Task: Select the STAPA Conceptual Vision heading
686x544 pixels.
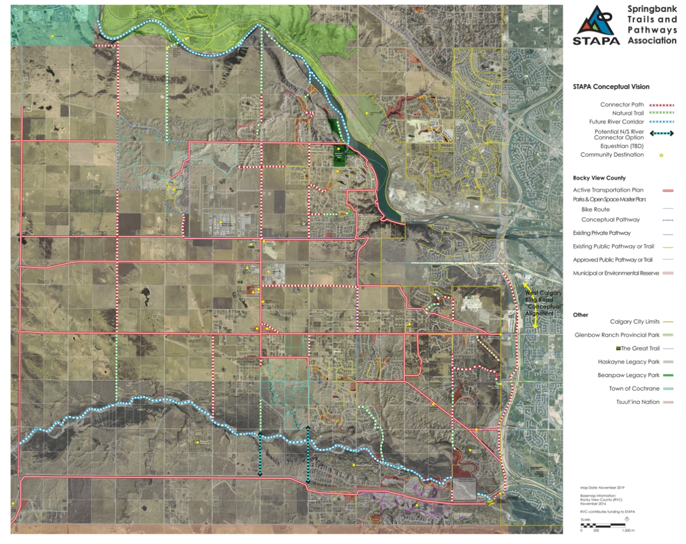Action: (611, 87)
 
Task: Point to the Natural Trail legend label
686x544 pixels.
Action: (623, 114)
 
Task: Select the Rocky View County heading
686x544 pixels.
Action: (599, 178)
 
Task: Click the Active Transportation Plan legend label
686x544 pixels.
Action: (608, 190)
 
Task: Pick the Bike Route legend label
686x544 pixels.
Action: (596, 210)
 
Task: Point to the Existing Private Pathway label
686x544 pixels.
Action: (602, 233)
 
